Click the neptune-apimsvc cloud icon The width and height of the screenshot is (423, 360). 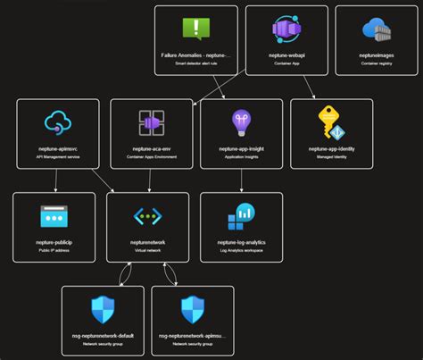click(x=58, y=121)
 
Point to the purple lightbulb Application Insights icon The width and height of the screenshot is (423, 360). click(x=242, y=121)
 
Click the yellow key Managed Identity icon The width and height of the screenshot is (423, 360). click(x=332, y=121)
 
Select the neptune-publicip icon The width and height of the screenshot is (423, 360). click(x=54, y=215)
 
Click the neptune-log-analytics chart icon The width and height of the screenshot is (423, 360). click(x=242, y=215)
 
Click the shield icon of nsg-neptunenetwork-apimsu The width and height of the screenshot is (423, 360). click(x=194, y=309)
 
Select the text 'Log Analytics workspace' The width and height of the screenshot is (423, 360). click(x=242, y=251)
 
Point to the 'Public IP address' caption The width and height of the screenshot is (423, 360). click(x=54, y=251)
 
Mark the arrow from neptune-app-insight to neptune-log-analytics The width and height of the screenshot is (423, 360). click(x=242, y=180)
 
